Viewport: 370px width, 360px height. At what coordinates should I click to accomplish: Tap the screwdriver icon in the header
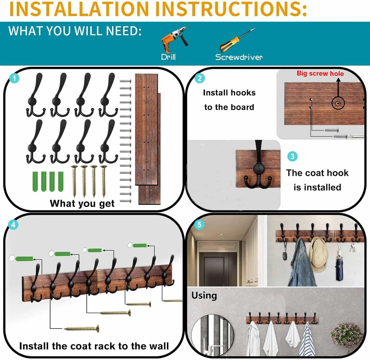(237, 40)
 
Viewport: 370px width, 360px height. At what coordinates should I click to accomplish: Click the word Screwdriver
(239, 57)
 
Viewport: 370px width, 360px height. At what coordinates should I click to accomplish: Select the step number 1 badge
(14, 78)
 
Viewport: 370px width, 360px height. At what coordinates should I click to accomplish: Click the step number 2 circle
(200, 78)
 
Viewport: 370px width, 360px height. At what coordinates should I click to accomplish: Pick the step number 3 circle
(292, 156)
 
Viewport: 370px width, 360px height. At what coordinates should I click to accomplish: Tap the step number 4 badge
(13, 224)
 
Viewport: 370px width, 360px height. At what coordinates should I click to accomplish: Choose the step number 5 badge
(199, 224)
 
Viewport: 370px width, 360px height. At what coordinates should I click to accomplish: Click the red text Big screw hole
(320, 73)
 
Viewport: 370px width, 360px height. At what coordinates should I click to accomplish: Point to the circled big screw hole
(338, 103)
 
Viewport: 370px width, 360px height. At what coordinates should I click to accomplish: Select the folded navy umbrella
(339, 269)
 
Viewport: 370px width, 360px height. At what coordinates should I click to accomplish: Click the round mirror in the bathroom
(212, 335)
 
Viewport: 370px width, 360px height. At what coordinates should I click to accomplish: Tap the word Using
(204, 296)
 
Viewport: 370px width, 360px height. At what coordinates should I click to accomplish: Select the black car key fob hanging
(284, 256)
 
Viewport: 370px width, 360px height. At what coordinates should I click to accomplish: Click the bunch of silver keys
(352, 248)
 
